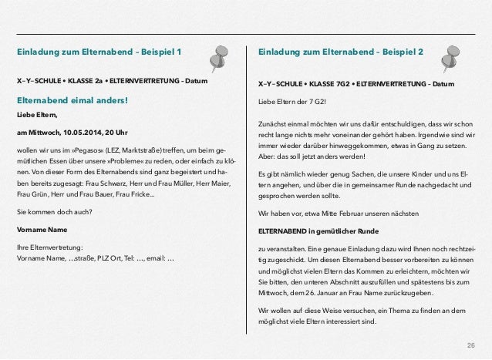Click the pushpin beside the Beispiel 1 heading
224,53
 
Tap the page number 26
470,342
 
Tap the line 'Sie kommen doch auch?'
53,210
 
